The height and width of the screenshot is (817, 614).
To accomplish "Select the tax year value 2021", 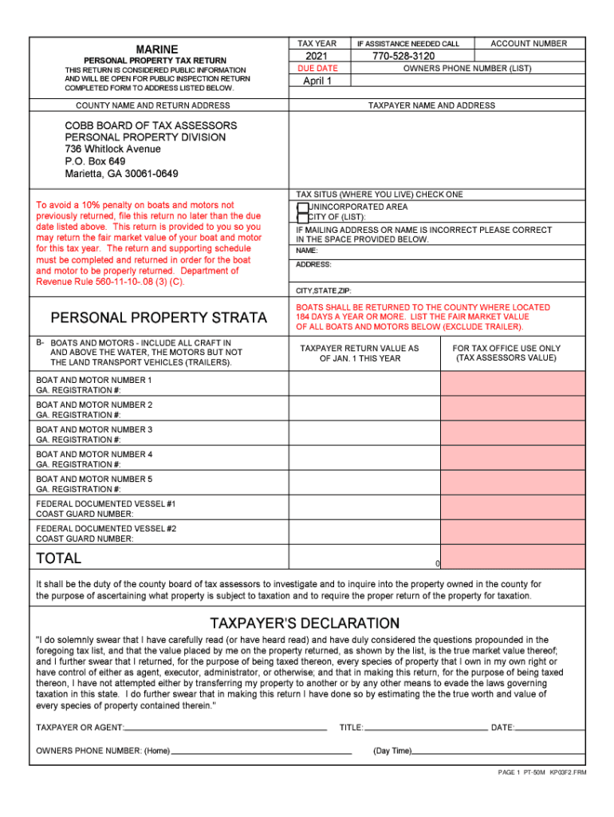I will (317, 57).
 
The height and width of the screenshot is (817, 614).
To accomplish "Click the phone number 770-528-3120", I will (403, 57).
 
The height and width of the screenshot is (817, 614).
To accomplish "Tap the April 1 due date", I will (317, 81).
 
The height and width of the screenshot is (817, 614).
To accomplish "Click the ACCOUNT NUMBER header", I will (529, 43).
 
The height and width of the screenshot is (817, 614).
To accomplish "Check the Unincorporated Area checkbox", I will (302, 207).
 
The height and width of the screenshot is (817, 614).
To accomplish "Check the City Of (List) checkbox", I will (302, 218).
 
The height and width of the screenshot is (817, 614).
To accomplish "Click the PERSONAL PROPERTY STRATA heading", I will (159, 318).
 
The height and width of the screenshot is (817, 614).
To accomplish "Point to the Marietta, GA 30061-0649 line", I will (121, 174).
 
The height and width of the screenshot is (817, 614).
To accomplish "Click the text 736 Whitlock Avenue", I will (112, 149).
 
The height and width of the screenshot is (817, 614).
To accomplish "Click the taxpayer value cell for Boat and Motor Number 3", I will (364, 435).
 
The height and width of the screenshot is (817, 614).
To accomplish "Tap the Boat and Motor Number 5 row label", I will (94, 479).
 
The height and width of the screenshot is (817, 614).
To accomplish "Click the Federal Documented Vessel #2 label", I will (106, 528).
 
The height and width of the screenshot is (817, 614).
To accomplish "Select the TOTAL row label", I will (58, 558).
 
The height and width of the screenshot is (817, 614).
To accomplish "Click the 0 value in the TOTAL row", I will (437, 563).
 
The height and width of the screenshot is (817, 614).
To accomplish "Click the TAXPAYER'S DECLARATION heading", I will (305, 622).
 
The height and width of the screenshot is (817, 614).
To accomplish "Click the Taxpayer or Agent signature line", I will (226, 728).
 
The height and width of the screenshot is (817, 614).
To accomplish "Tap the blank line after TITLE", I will (426, 728).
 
